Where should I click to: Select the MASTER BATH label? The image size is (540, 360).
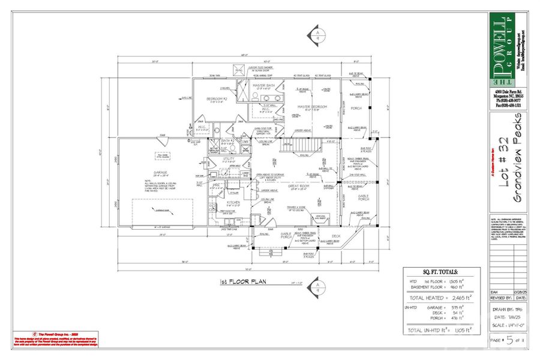[x=263, y=86]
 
